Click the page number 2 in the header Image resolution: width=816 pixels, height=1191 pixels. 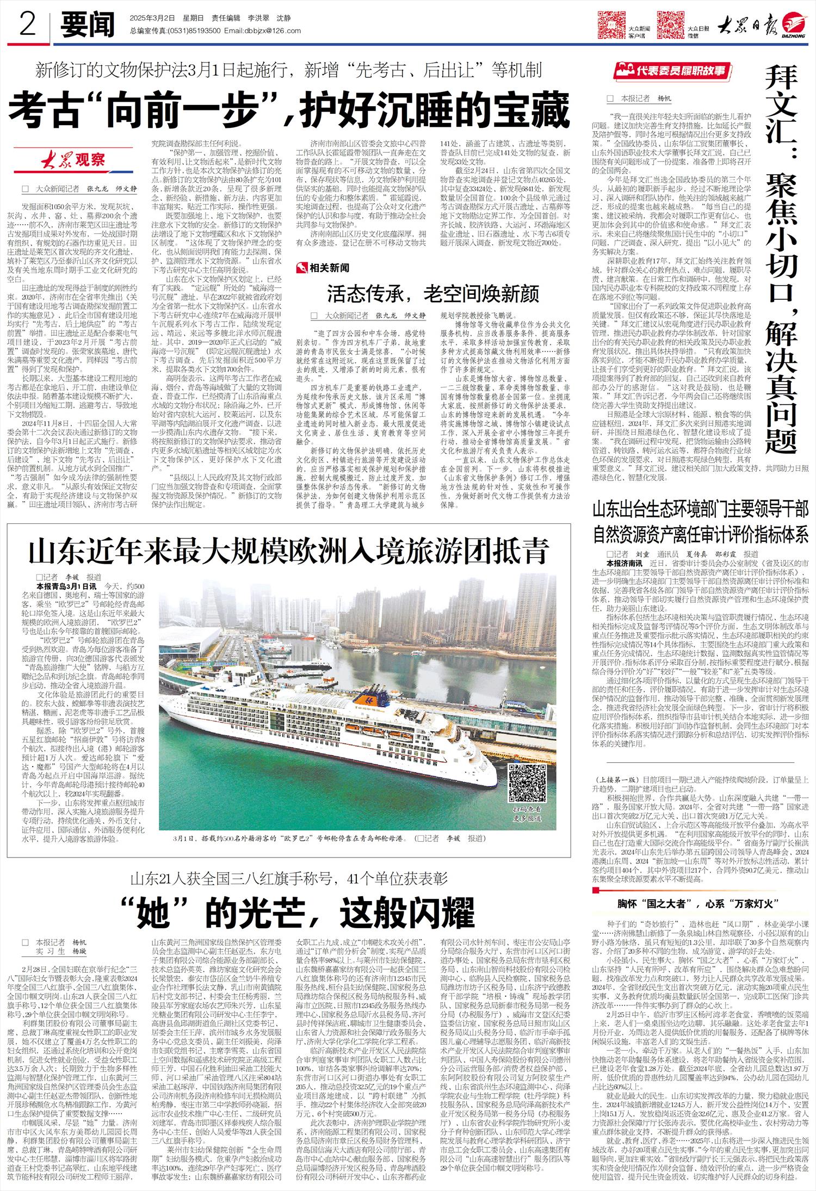[x=27, y=24]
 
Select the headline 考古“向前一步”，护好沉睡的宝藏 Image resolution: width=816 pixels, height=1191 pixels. [x=289, y=110]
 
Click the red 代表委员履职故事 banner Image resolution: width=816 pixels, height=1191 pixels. [x=671, y=71]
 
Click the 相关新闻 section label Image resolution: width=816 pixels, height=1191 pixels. [x=324, y=268]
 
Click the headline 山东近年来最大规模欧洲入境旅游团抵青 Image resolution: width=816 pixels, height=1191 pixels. [x=288, y=551]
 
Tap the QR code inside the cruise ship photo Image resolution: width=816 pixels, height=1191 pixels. [x=527, y=782]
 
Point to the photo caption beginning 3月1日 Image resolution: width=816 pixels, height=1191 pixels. [x=328, y=838]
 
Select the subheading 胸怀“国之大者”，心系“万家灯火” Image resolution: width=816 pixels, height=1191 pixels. [x=695, y=904]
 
